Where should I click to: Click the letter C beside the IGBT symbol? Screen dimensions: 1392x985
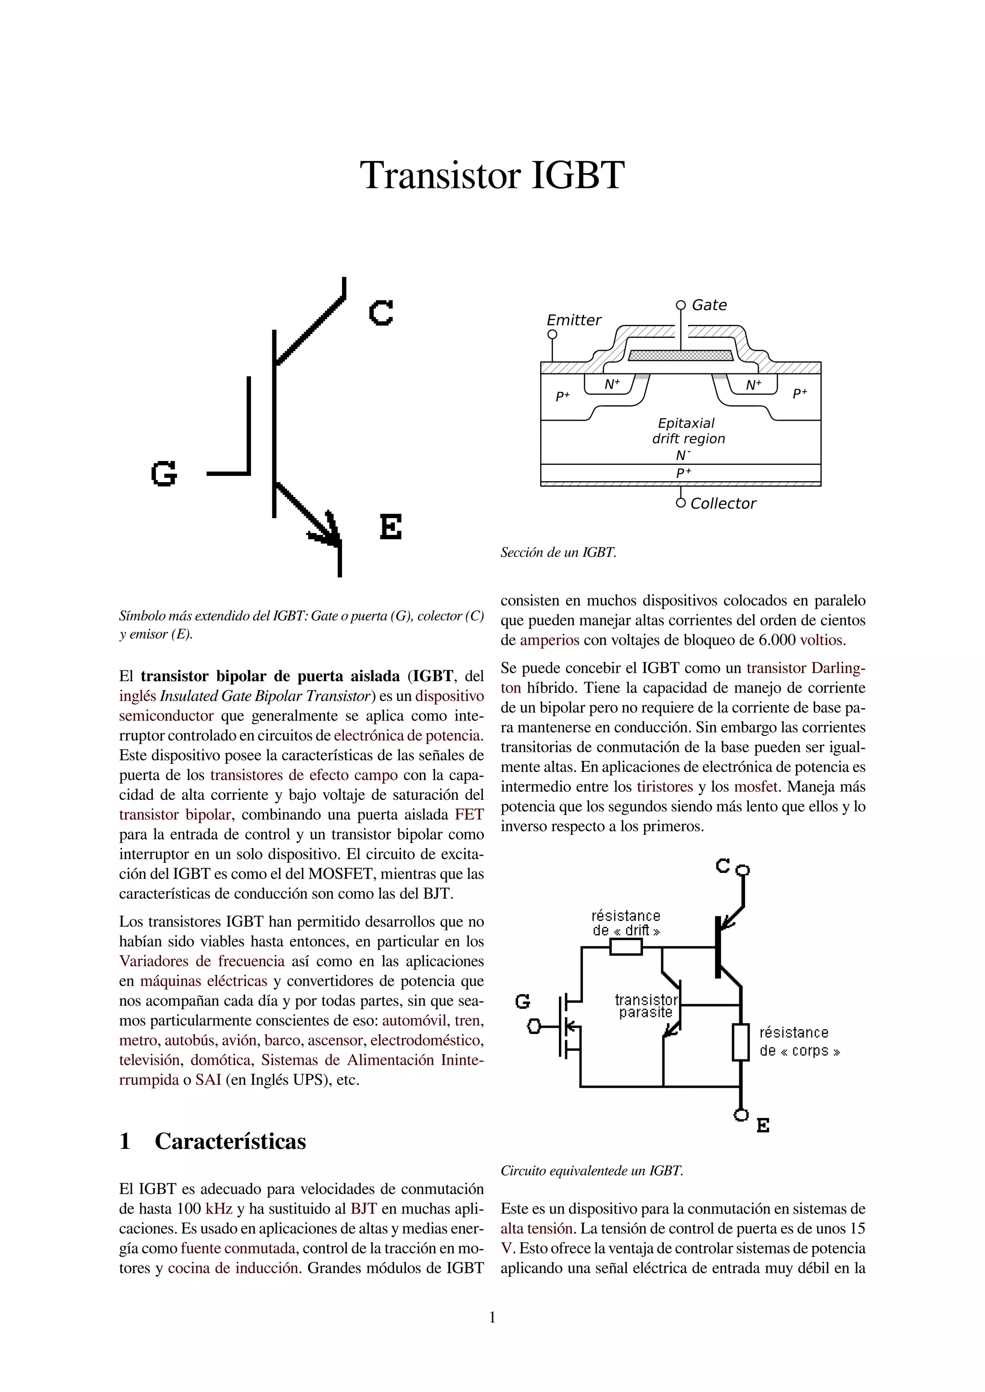tap(381, 313)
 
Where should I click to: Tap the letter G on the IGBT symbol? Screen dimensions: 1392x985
tap(164, 473)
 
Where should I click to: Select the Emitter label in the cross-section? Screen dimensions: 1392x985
tap(574, 320)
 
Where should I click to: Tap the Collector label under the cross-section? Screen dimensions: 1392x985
tap(723, 503)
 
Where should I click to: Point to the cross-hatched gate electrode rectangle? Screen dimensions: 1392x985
tap(681, 355)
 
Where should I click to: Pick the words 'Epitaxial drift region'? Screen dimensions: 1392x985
tap(688, 431)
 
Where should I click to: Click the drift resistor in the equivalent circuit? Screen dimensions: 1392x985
tap(625, 947)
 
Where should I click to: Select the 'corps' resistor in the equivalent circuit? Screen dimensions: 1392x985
tap(741, 1042)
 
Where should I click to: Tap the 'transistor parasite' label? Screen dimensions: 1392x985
tap(646, 1006)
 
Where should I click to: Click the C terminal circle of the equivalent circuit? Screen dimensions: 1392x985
tap(743, 870)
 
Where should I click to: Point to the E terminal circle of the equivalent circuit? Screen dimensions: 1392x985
tap(741, 1115)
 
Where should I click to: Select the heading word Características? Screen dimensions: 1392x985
tap(230, 1141)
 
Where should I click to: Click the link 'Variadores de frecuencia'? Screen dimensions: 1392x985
tap(202, 961)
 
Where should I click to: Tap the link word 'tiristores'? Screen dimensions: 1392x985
tap(665, 787)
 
